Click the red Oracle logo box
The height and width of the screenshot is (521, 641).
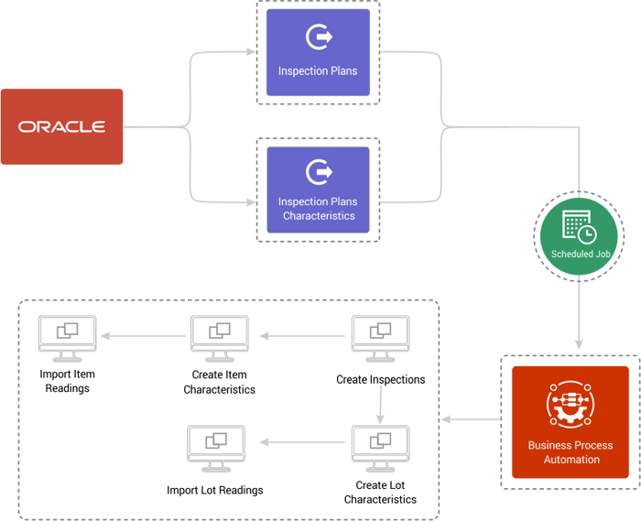tap(62, 126)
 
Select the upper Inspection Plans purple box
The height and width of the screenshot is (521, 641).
tap(318, 53)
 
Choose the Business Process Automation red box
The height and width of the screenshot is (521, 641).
tap(570, 422)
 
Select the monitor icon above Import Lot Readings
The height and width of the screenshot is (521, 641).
tap(215, 447)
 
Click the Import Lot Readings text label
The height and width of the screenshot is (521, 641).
tap(215, 491)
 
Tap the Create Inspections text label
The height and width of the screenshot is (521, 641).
tap(380, 379)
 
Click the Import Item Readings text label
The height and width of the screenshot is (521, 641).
tap(68, 380)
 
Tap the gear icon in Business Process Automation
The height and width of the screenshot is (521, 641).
tap(570, 405)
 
